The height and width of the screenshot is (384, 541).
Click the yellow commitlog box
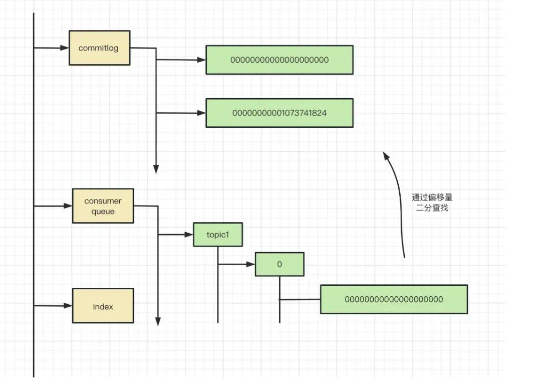pyautogui.click(x=99, y=48)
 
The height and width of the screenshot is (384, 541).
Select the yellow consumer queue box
pyautogui.click(x=103, y=206)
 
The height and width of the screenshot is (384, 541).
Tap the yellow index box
pyautogui.click(x=103, y=306)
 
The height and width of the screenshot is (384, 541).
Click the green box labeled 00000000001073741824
pyautogui.click(x=279, y=113)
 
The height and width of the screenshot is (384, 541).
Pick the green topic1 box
pyautogui.click(x=218, y=235)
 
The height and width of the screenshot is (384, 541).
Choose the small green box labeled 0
pyautogui.click(x=279, y=264)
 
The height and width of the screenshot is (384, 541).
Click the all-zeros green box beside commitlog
pyautogui.click(x=279, y=60)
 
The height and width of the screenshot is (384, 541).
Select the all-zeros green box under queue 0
pyautogui.click(x=394, y=299)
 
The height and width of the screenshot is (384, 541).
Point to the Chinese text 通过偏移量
pyautogui.click(x=432, y=198)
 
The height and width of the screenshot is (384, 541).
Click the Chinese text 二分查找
pyautogui.click(x=432, y=208)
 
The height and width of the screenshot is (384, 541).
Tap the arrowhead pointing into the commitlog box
pyautogui.click(x=65, y=48)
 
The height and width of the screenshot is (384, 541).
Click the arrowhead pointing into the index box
pyautogui.click(x=68, y=305)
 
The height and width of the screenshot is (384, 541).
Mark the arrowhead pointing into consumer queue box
pyautogui.click(x=68, y=206)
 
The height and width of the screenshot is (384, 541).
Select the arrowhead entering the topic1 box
pyautogui.click(x=189, y=234)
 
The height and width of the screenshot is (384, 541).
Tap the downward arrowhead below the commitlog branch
pyautogui.click(x=156, y=169)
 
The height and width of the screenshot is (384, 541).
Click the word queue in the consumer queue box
pyautogui.click(x=103, y=212)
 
